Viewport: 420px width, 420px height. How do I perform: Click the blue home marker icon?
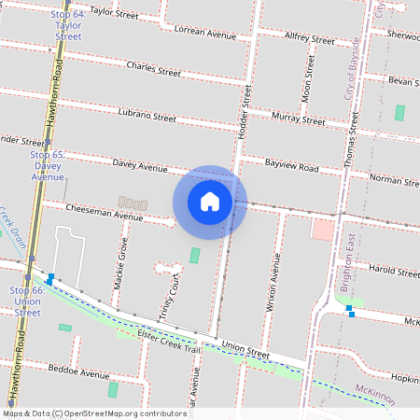[210, 202]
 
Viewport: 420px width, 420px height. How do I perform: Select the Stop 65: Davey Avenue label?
[47, 165]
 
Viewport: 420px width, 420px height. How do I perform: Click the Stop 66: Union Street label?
[27, 301]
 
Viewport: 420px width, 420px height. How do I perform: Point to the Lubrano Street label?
[147, 117]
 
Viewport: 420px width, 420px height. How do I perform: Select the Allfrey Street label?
[309, 39]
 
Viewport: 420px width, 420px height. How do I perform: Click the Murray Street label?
[298, 118]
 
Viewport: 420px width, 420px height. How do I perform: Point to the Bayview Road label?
[291, 168]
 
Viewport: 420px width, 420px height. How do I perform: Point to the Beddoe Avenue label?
[79, 372]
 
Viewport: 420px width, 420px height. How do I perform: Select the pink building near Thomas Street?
[321, 229]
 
